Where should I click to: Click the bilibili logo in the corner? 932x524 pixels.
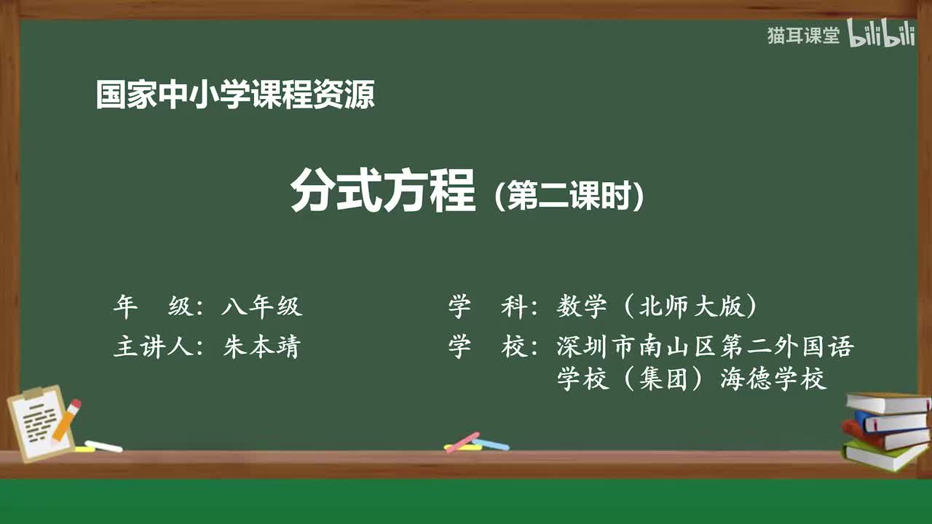click(x=881, y=35)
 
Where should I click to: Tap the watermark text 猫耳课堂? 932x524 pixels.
click(x=803, y=36)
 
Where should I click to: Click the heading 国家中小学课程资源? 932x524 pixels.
click(x=235, y=95)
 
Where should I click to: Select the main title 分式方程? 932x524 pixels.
click(x=383, y=191)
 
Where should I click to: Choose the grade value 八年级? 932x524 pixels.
click(x=261, y=307)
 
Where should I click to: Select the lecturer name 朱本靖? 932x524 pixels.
click(x=261, y=346)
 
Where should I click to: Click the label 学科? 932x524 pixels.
click(x=488, y=307)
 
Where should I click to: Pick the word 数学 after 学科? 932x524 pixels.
click(x=582, y=307)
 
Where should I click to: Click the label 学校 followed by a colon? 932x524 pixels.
click(x=488, y=346)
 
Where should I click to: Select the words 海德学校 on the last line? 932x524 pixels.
click(x=773, y=379)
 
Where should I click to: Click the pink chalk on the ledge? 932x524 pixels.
click(x=462, y=442)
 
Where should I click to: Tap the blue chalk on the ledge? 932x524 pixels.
click(x=491, y=443)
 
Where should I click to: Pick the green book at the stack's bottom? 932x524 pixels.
click(x=884, y=456)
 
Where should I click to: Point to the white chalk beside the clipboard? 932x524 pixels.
click(x=103, y=445)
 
